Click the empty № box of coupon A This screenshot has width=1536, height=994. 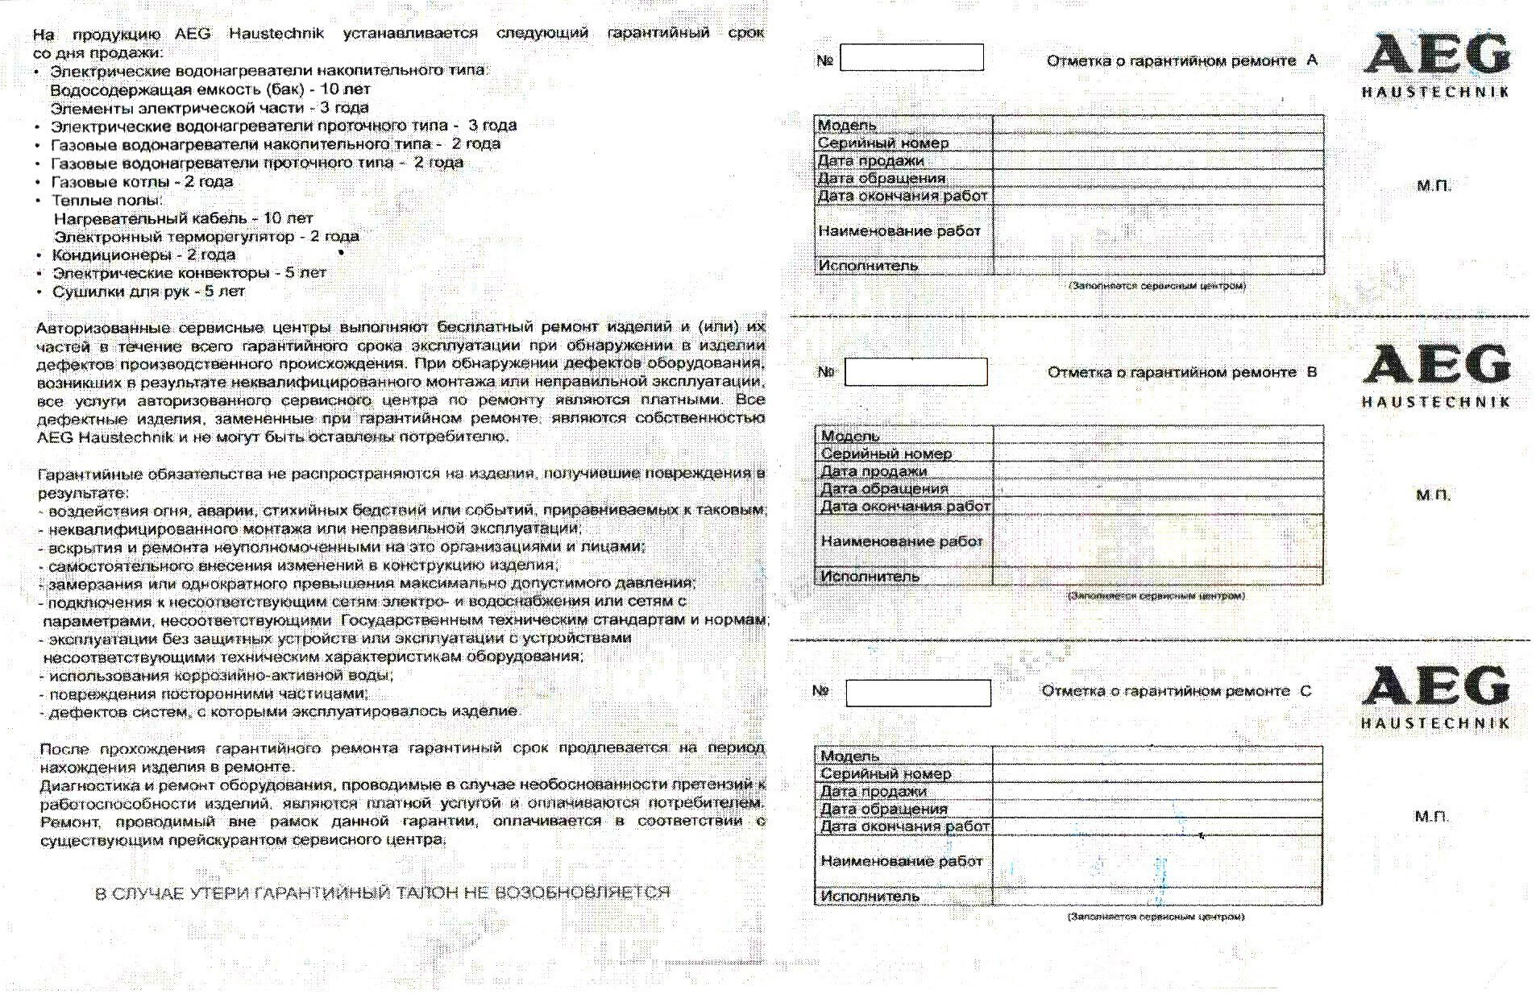click(911, 58)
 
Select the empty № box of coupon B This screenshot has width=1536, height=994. click(915, 372)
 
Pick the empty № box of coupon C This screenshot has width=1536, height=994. click(918, 693)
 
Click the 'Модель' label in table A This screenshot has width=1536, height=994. click(847, 125)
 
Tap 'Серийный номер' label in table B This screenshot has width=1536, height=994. click(886, 454)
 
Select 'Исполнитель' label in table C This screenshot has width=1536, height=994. click(870, 896)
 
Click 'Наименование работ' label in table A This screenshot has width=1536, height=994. click(899, 231)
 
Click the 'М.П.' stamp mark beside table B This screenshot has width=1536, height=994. click(1433, 495)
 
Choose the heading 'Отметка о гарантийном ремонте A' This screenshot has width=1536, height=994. click(1181, 60)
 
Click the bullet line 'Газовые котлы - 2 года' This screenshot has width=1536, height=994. click(142, 181)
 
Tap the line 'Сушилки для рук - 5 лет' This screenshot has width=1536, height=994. click(148, 292)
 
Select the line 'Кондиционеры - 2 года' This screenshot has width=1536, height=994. click(143, 255)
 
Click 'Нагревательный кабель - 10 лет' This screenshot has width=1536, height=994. click(183, 217)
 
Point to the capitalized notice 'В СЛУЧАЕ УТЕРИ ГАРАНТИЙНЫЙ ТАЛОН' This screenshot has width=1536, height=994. click(383, 893)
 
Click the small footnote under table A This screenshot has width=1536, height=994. click(1157, 285)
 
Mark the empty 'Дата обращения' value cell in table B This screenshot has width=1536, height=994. click(1157, 488)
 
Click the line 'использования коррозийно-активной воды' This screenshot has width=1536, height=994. click(221, 675)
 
